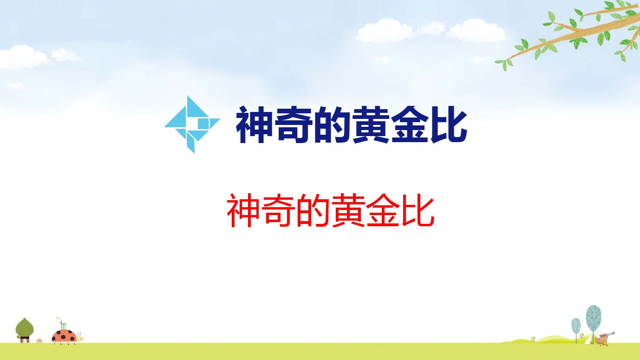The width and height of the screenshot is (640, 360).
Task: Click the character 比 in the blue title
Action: [x=449, y=124]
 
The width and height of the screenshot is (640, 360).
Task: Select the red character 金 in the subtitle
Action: [x=383, y=210]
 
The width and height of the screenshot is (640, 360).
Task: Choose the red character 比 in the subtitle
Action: [x=418, y=210]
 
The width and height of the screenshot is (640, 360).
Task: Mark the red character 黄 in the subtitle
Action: [x=348, y=210]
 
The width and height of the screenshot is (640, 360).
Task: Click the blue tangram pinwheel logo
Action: [x=192, y=124]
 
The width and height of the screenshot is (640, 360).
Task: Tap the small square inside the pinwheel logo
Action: [x=203, y=124]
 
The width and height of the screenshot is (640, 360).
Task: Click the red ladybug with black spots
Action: [x=64, y=336]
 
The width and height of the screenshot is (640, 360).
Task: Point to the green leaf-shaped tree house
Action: [x=25, y=330]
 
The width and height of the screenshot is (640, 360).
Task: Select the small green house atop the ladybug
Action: [x=63, y=326]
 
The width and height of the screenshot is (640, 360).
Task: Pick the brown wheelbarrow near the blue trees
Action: [x=604, y=338]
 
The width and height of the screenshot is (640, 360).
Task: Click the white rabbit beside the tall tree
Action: [x=588, y=340]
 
